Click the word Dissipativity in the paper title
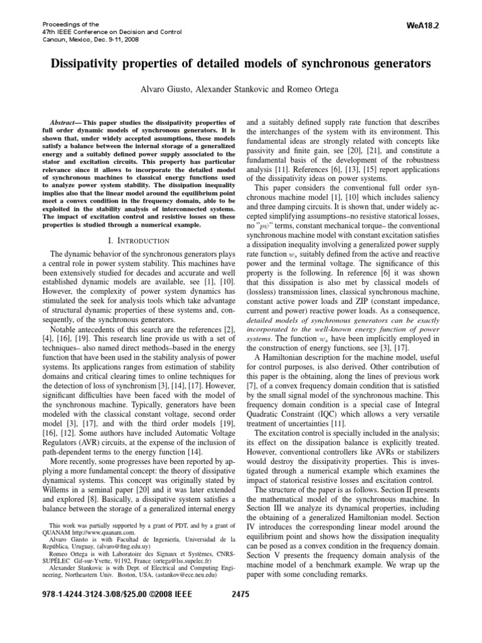pyautogui.click(x=92, y=64)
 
